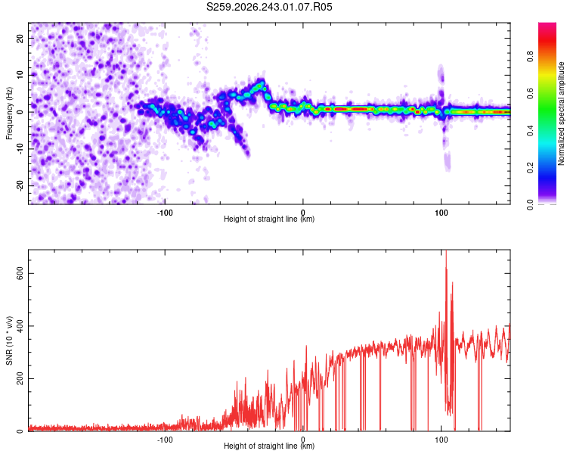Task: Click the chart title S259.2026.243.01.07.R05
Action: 269,7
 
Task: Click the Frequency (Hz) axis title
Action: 9,113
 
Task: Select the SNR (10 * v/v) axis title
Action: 9,340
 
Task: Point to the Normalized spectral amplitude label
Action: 561,113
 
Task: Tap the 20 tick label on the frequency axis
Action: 20,38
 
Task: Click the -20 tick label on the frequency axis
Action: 20,186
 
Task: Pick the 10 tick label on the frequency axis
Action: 20,75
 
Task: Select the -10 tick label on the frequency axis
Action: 20,149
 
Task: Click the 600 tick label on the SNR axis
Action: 20,273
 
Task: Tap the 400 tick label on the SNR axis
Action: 20,326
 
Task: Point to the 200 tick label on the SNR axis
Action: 20,378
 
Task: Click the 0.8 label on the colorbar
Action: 530,57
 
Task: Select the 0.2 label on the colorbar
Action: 530,168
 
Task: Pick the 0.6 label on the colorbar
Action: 530,93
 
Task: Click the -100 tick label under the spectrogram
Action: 165,213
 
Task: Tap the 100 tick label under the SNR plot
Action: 442,440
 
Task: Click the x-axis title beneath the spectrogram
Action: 269,219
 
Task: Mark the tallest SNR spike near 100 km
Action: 446,251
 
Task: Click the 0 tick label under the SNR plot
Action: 303,440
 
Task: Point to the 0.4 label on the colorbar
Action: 530,131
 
